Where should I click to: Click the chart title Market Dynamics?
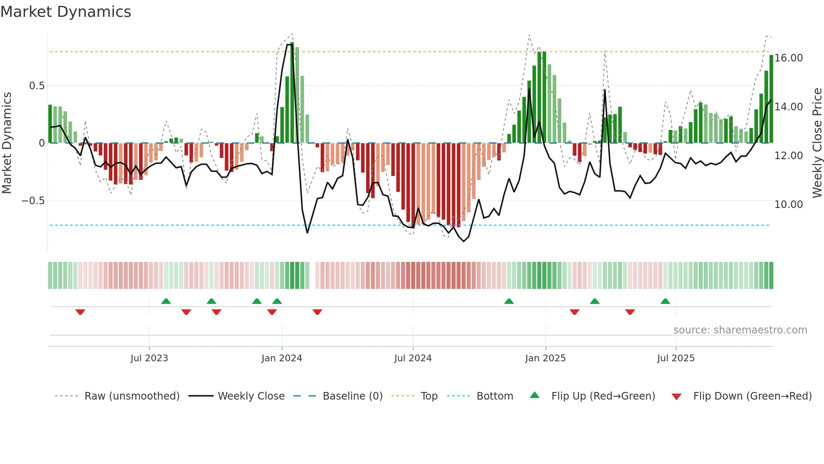66,12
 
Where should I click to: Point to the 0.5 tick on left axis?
37,86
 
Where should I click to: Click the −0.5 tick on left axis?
33,201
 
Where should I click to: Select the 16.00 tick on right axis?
789,58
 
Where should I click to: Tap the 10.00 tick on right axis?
789,205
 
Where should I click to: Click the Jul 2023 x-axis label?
149,358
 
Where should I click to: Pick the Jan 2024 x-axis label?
282,358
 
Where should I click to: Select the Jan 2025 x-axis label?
545,358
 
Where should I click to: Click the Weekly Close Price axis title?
817,143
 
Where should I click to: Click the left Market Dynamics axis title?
7,143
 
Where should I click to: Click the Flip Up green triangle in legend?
534,395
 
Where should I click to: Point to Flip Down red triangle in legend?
676,397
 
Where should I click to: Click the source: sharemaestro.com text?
740,330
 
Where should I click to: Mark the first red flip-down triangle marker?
80,312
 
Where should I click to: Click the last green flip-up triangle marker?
665,301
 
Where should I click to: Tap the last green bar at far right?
771,99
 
